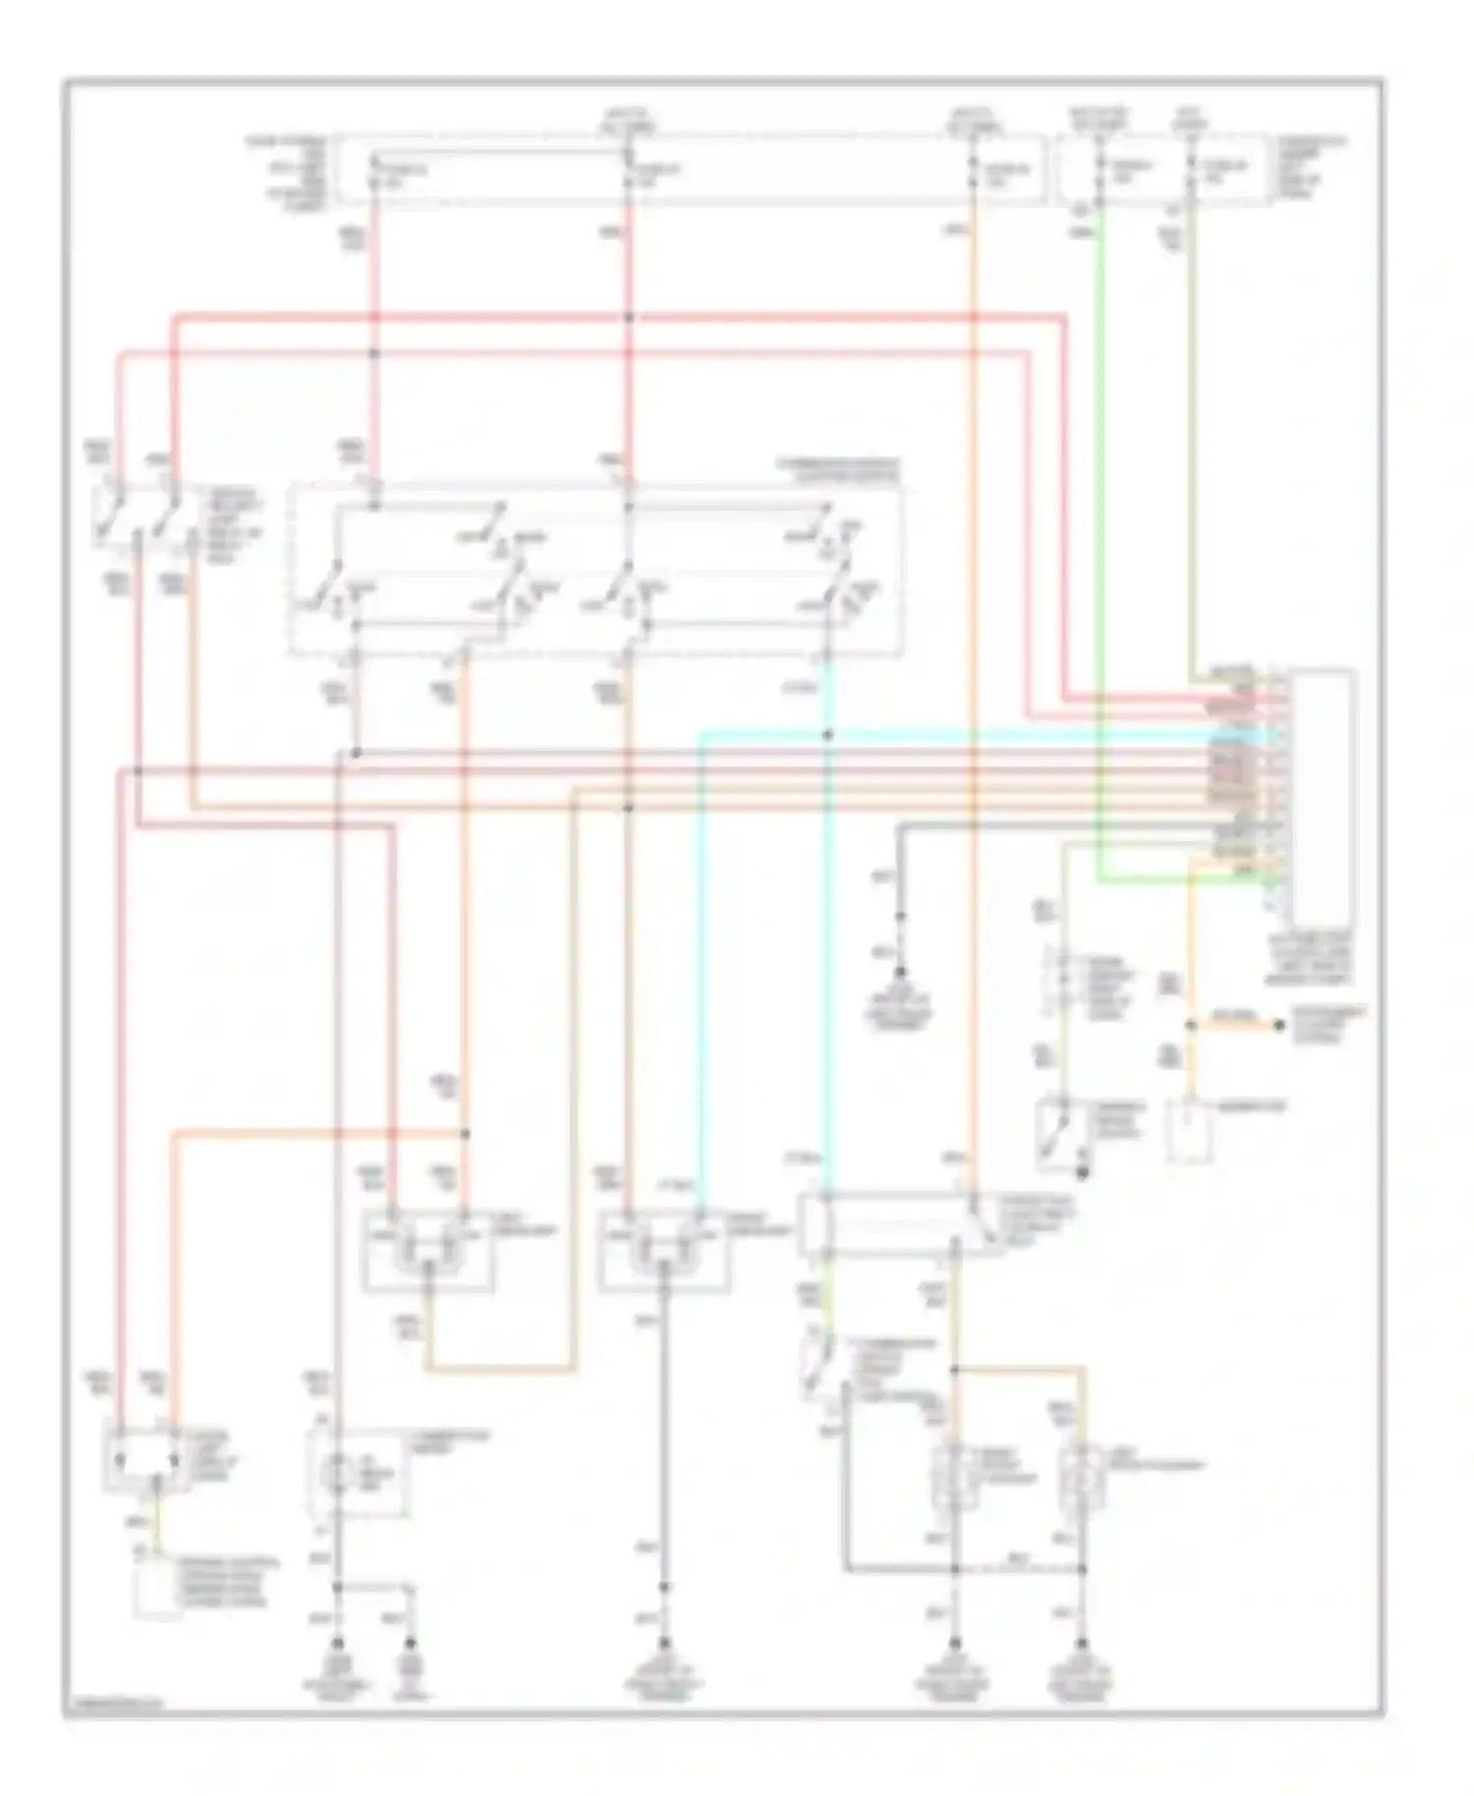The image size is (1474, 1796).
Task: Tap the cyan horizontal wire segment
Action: click(x=983, y=733)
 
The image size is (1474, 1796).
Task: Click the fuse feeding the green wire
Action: click(x=1100, y=172)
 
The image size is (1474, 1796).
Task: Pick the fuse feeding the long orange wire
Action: click(x=973, y=172)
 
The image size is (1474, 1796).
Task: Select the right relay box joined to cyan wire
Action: click(x=663, y=1249)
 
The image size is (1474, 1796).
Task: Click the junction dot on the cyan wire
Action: click(x=827, y=734)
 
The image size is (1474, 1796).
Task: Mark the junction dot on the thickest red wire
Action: click(x=628, y=317)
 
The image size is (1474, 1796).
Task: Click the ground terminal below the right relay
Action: click(x=663, y=1644)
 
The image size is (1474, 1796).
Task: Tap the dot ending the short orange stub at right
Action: click(x=1278, y=1025)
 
